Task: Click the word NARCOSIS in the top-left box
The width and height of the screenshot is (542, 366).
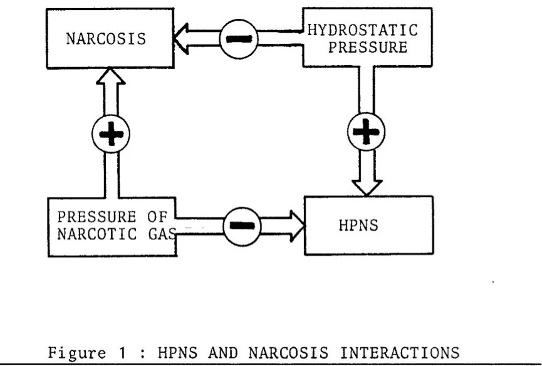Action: point(106,39)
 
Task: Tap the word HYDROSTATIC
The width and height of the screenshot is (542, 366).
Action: point(363,30)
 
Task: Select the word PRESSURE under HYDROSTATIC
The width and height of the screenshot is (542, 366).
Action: point(368,48)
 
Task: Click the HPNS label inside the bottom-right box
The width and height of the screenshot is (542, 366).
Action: point(358,226)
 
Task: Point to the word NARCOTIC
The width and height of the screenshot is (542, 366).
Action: point(97,234)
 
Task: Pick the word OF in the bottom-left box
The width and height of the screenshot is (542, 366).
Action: point(157,217)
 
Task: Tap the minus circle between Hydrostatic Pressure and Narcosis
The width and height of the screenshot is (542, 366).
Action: point(239,39)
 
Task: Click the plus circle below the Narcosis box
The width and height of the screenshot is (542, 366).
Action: point(111,133)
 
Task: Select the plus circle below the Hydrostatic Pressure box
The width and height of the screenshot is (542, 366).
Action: point(366,132)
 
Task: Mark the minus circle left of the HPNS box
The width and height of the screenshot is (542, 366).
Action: point(242,226)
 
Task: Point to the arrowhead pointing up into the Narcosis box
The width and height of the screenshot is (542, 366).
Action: point(111,76)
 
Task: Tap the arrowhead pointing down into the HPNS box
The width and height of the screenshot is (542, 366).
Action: point(367,188)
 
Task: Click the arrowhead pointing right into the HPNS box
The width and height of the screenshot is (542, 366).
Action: point(297,226)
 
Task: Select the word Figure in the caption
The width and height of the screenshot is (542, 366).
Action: point(76,353)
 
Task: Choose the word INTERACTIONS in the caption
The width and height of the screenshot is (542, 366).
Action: point(400,353)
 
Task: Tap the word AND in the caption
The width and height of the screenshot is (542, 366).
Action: point(223,353)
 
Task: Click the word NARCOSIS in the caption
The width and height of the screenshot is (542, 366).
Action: point(288,353)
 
